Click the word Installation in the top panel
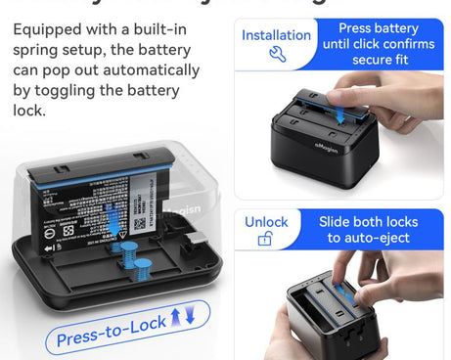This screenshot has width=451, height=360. click(x=276, y=35)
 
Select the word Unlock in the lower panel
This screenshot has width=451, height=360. click(x=266, y=221)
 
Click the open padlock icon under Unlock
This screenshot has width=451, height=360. click(x=265, y=239)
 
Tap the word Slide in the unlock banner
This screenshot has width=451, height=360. click(x=340, y=221)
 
